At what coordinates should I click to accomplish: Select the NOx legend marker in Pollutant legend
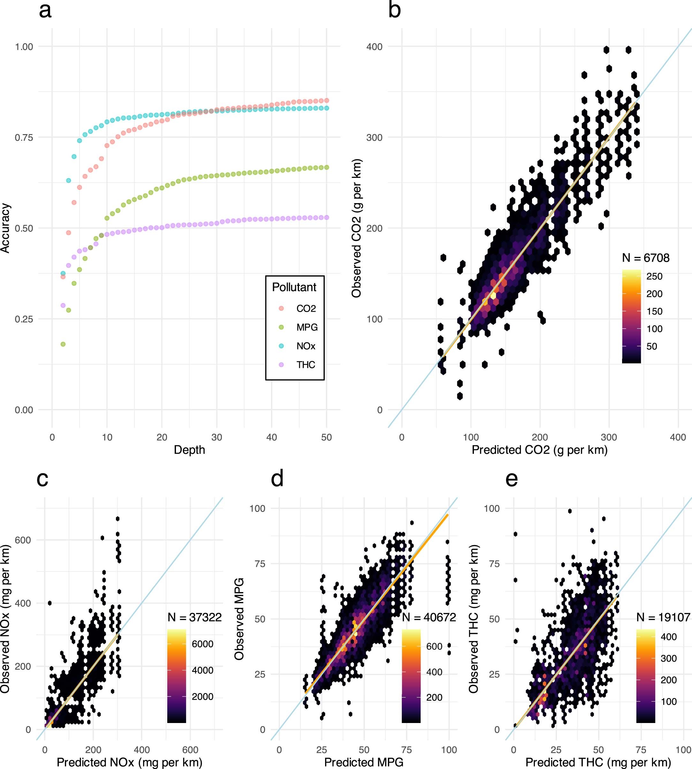click(281, 346)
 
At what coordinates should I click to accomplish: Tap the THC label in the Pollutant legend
click(306, 365)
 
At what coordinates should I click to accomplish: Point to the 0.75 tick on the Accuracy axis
click(24, 138)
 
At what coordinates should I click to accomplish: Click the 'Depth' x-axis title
click(189, 450)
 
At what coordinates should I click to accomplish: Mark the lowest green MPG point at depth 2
click(63, 344)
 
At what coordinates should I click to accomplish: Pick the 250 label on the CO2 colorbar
click(654, 277)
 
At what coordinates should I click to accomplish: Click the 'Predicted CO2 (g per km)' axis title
click(540, 450)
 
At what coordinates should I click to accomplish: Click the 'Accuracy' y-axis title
click(5, 228)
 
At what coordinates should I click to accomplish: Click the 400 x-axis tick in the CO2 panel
click(678, 438)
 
